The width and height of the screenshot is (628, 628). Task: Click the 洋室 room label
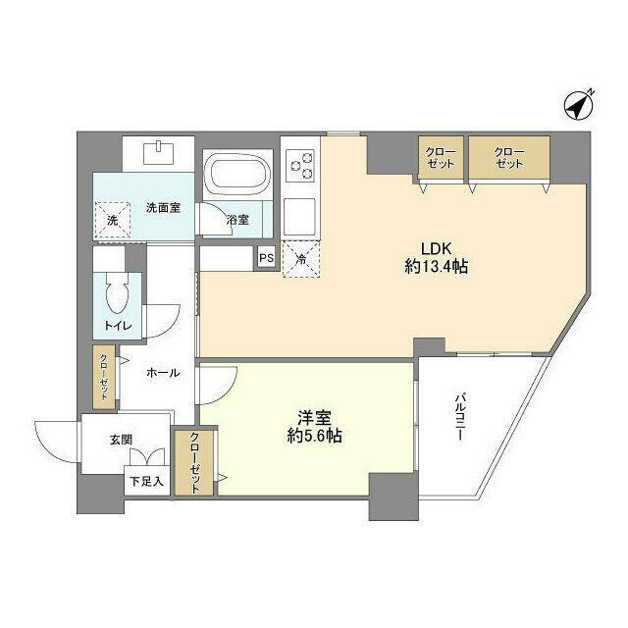313,416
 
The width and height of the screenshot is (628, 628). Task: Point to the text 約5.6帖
314,437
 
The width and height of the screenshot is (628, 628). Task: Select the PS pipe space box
266,259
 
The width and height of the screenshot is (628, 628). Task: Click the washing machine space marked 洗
111,220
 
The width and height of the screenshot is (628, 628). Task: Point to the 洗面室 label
163,207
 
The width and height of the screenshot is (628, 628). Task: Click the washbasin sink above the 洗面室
158,153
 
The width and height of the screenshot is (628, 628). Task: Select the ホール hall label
163,373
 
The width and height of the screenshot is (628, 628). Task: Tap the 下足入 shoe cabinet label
146,483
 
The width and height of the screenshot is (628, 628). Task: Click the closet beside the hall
104,377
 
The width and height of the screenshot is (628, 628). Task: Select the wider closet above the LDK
508,159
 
